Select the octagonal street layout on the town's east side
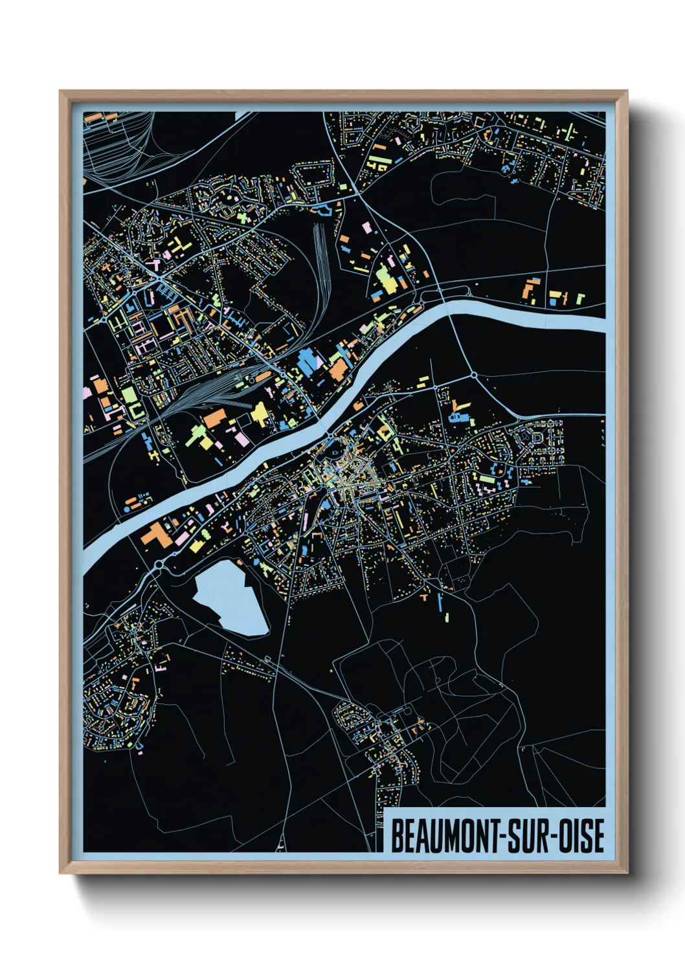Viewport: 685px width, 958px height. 537,438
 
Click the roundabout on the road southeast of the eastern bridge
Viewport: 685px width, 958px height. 473,375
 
